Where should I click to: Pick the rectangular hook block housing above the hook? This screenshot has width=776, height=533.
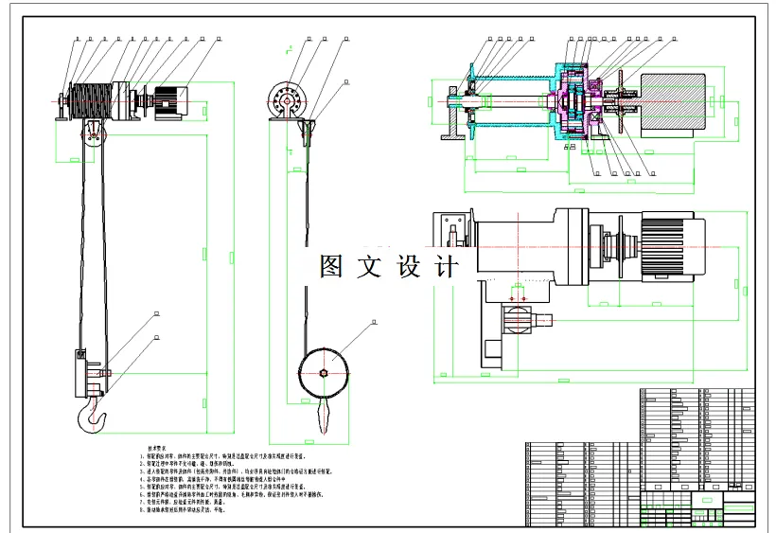pos(79,373)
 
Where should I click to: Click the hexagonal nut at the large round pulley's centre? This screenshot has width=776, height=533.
pos(325,371)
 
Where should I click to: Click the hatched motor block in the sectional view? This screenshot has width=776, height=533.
pos(672,98)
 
